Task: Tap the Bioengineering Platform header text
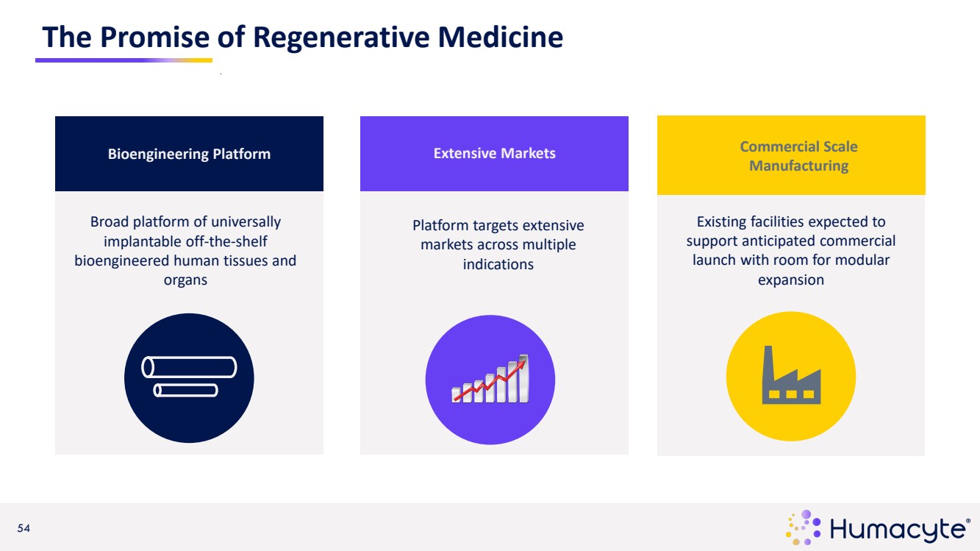189,154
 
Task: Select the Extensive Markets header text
494,153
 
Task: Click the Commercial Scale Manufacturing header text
798,156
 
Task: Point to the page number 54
24,528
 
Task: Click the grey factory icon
791,376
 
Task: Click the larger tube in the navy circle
189,366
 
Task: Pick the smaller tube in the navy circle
185,390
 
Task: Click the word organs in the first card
185,280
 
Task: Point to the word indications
498,263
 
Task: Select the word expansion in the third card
790,280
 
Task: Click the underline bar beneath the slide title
124,60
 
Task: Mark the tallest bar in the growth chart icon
523,378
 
